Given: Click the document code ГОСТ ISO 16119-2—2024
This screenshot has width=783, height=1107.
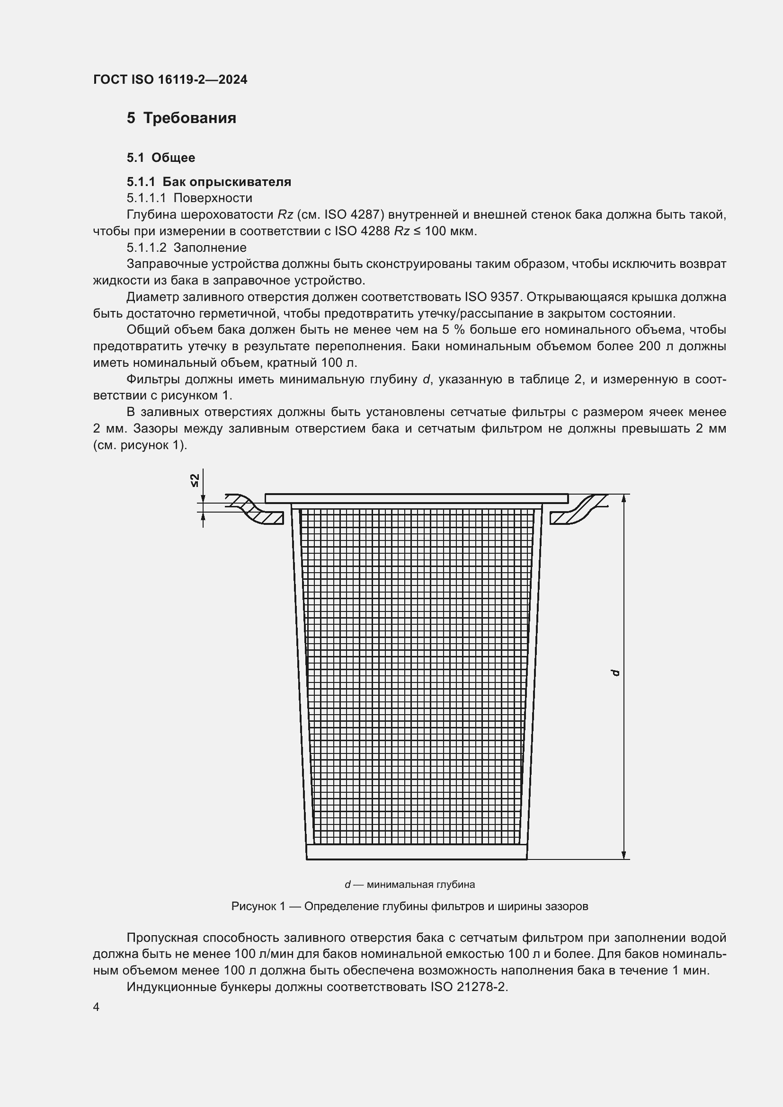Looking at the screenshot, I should (170, 80).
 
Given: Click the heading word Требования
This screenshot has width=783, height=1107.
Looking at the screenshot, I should (189, 118).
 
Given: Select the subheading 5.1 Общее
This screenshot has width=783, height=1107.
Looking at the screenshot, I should (160, 158).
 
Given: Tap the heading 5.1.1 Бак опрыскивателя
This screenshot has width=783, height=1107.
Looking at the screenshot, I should (209, 182).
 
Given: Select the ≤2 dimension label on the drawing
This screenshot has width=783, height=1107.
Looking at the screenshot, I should (195, 480).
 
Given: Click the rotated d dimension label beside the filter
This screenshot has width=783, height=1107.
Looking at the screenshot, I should (615, 673).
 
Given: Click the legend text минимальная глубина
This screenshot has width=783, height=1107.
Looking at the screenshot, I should (420, 885).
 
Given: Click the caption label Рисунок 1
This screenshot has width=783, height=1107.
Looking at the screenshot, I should (258, 906).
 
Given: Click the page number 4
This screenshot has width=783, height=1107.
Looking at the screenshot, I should (97, 1007).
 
